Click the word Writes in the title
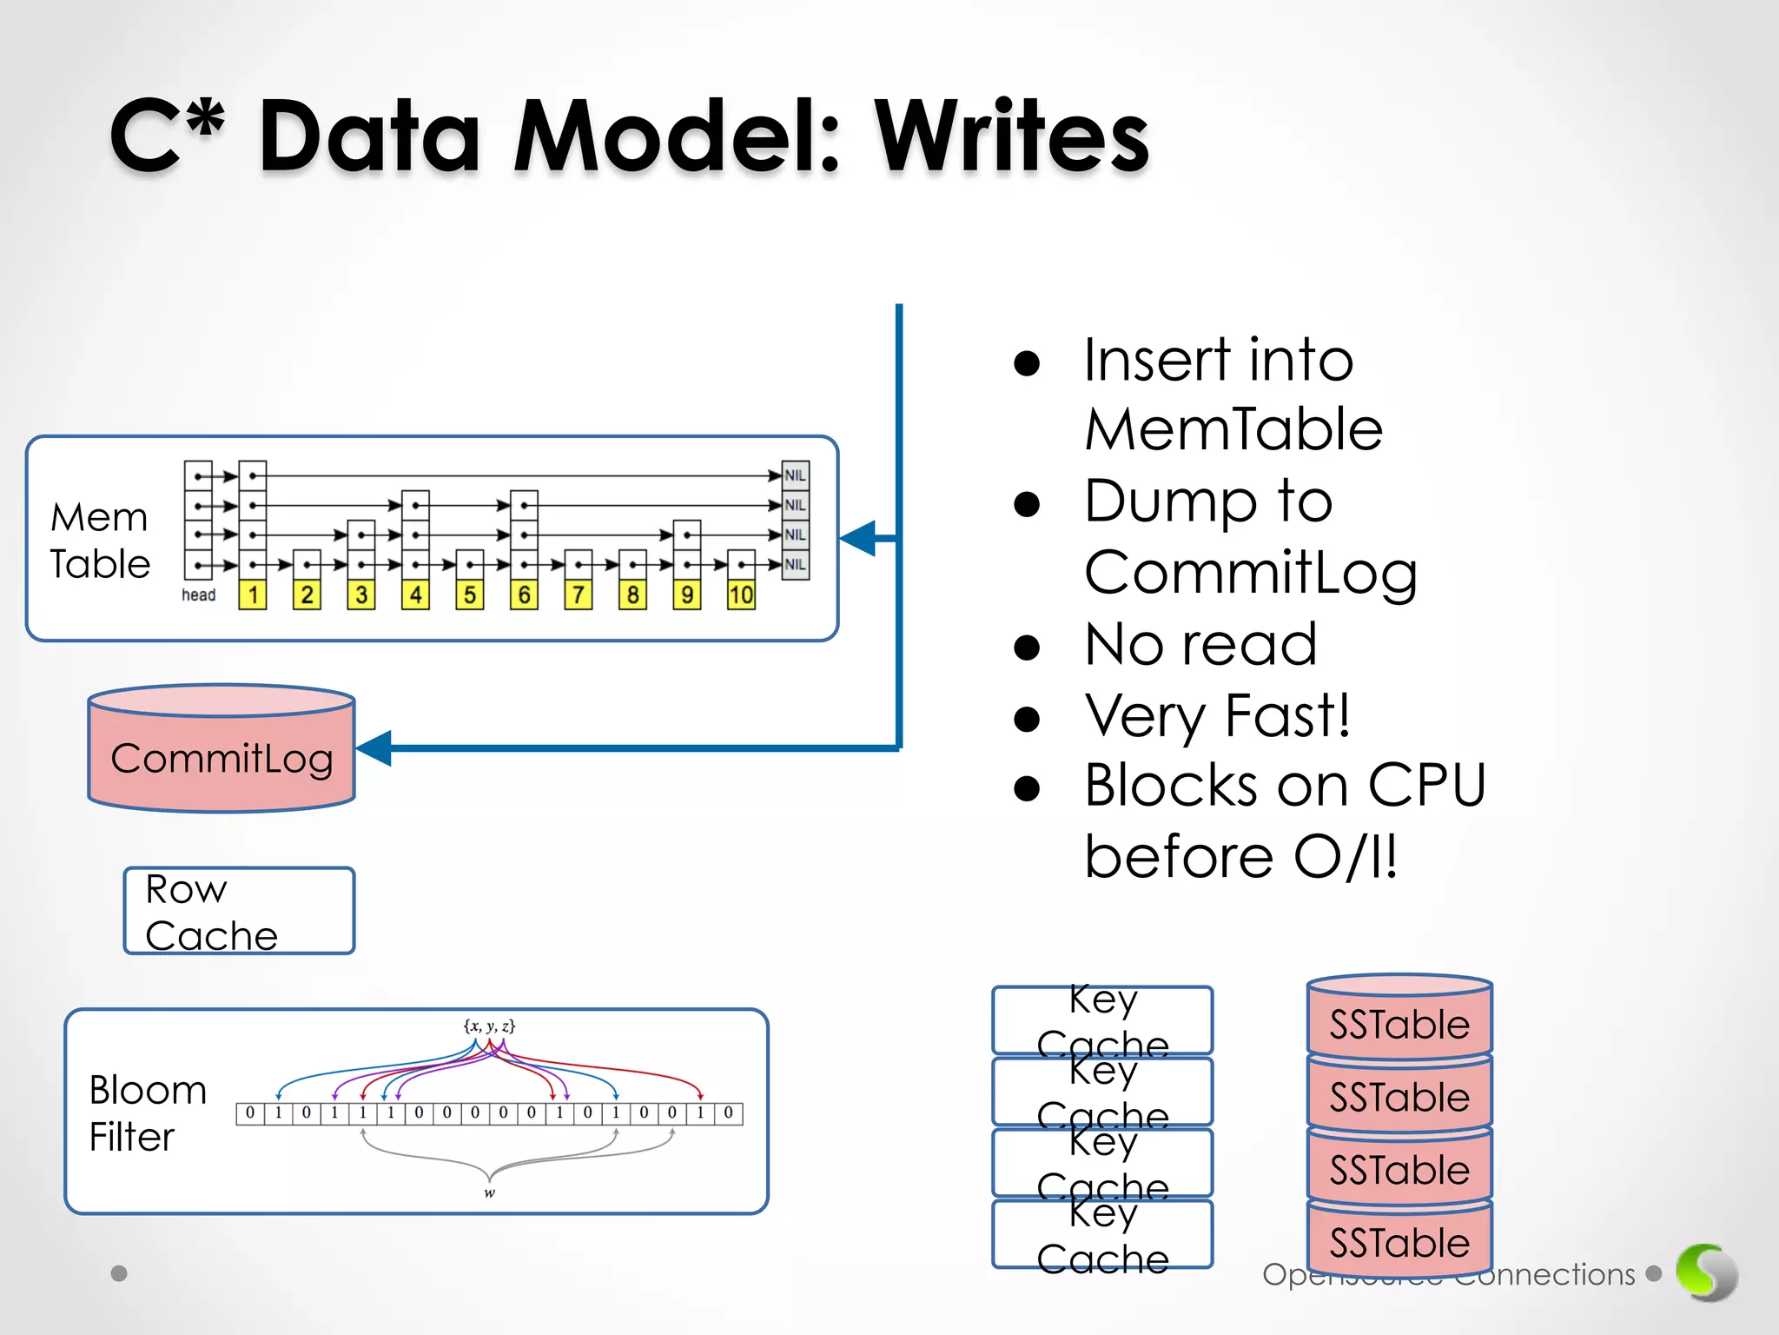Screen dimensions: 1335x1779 point(1011,137)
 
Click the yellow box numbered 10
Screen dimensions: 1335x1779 point(741,595)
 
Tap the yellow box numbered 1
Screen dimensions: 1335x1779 point(253,595)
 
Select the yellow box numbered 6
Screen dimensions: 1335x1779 point(524,595)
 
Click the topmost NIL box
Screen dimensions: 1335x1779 point(795,475)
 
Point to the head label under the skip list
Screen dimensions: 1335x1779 point(198,595)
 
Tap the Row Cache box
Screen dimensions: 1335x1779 point(239,911)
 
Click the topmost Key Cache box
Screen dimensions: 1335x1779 point(1102,1020)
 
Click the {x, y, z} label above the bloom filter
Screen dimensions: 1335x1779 point(489,1026)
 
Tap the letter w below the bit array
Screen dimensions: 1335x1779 point(489,1193)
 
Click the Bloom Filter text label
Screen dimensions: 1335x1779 point(148,1113)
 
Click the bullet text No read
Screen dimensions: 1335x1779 point(1200,644)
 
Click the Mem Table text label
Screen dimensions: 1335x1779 point(100,540)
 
